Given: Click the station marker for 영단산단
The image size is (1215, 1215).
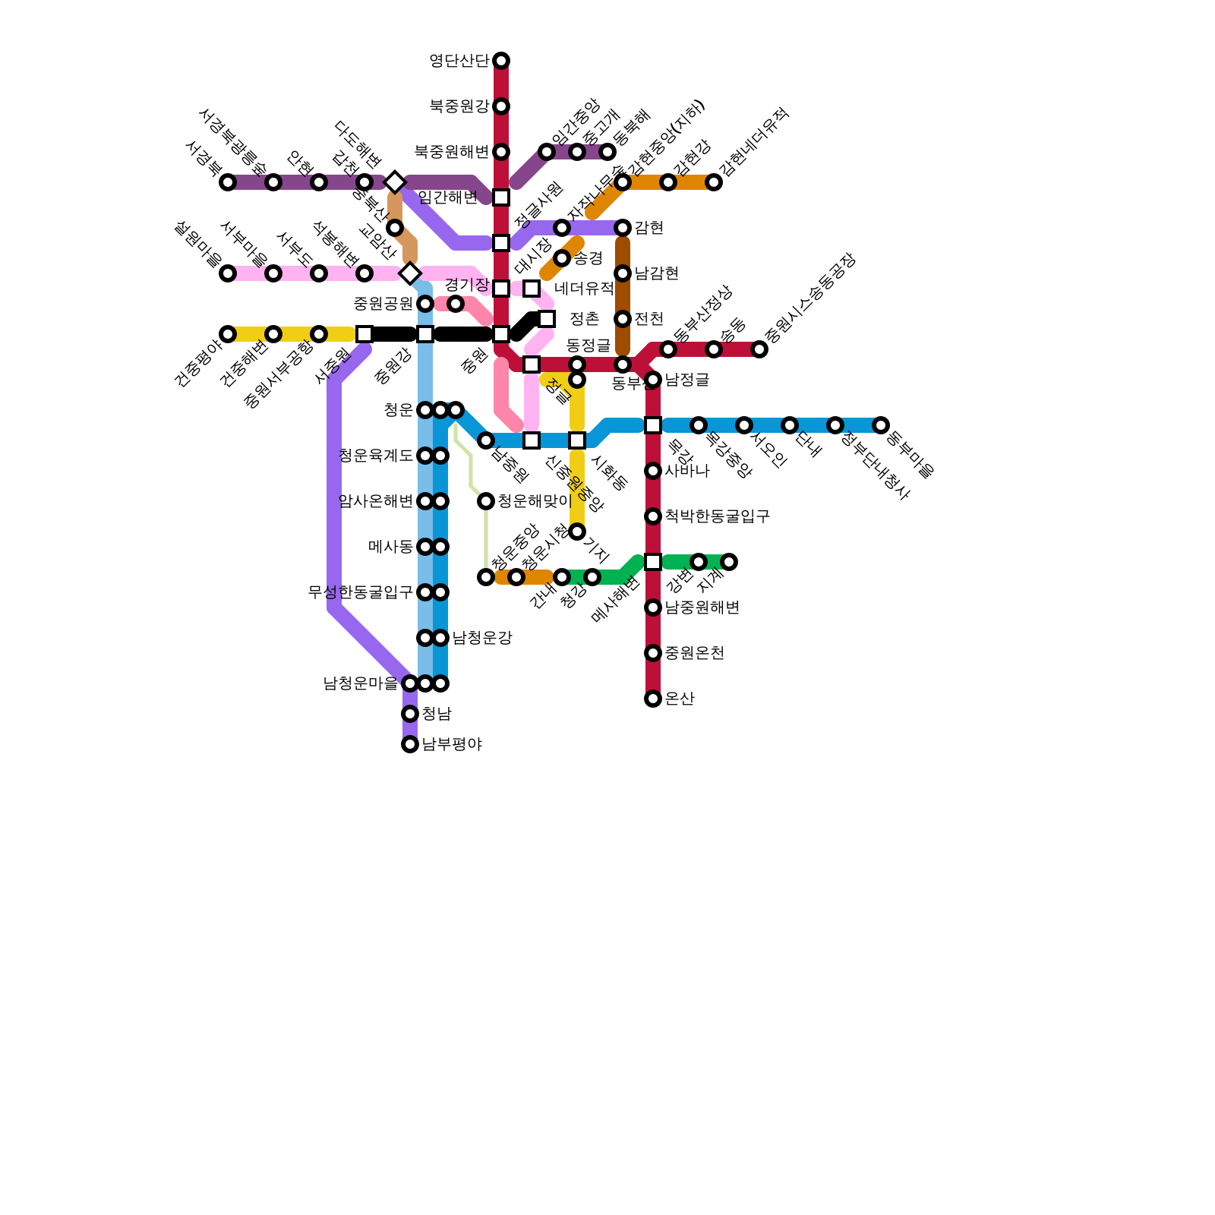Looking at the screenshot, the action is pyautogui.click(x=501, y=61).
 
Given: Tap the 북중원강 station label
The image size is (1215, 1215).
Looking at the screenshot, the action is pyautogui.click(x=459, y=106).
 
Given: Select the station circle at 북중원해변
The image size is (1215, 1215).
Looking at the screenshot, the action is pyautogui.click(x=501, y=152).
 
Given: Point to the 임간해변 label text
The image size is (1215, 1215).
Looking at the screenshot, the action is pyautogui.click(x=448, y=197).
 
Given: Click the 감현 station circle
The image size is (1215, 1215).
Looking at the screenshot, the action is pyautogui.click(x=623, y=228).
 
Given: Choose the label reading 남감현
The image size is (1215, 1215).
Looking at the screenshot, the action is pyautogui.click(x=656, y=273).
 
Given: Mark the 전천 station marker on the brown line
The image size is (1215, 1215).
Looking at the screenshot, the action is pyautogui.click(x=623, y=319).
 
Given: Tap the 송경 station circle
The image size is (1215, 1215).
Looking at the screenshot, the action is pyautogui.click(x=562, y=258).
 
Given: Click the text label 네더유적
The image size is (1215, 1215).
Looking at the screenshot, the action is pyautogui.click(x=583, y=289).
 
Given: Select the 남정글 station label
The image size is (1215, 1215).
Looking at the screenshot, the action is pyautogui.click(x=686, y=380).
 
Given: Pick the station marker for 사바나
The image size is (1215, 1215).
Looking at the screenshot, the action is pyautogui.click(x=653, y=471).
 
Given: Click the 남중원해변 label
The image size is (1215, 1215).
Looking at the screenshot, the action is pyautogui.click(x=702, y=607).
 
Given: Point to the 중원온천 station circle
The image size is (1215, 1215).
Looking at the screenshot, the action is pyautogui.click(x=653, y=653).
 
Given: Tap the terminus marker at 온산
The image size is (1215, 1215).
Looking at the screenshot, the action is pyautogui.click(x=653, y=699).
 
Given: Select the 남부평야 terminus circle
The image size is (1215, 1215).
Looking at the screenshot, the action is pyautogui.click(x=410, y=744).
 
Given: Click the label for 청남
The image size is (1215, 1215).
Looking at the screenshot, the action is pyautogui.click(x=436, y=714).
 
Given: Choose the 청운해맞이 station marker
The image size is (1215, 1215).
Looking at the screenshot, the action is pyautogui.click(x=486, y=501).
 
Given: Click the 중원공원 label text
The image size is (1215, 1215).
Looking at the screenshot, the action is pyautogui.click(x=383, y=304).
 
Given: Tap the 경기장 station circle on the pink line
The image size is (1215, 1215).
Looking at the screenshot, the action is pyautogui.click(x=456, y=304).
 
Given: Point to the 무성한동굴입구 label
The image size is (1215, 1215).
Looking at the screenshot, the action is pyautogui.click(x=360, y=592).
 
